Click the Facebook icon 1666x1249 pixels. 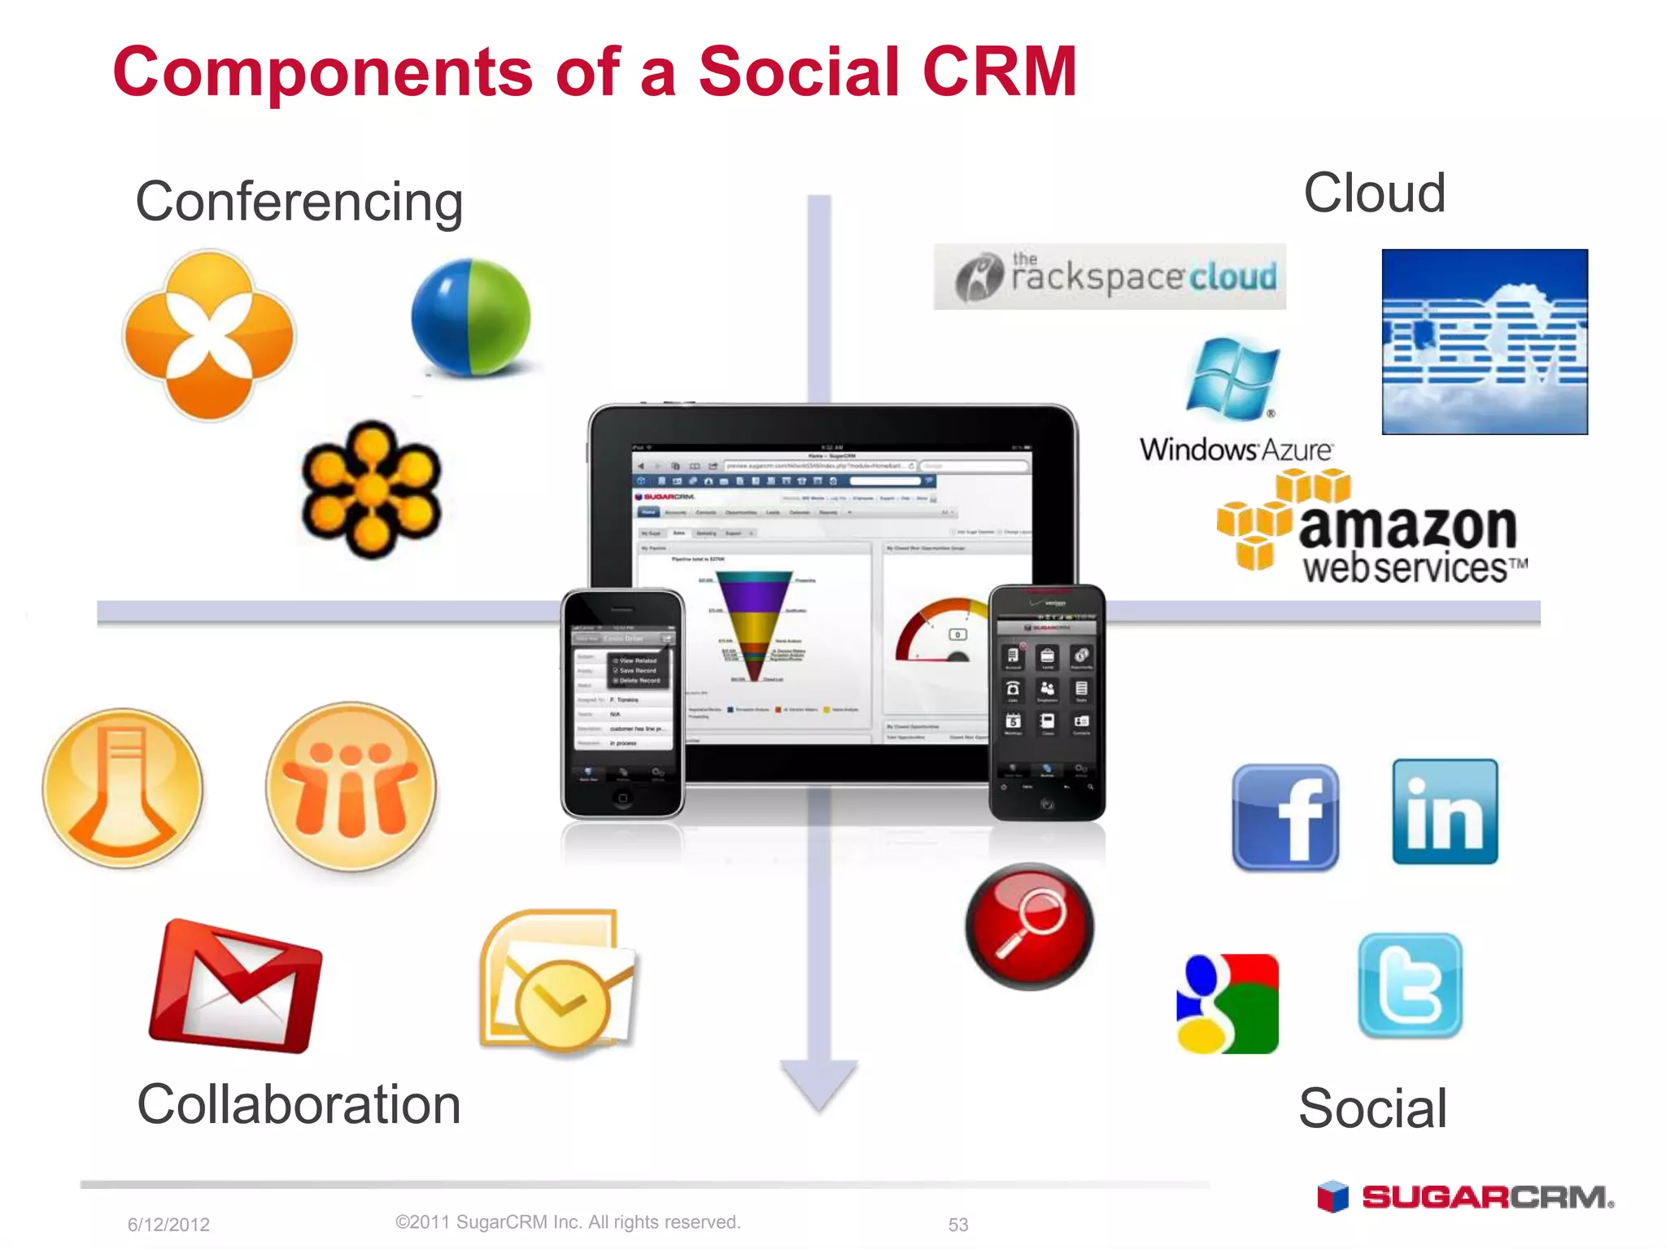coord(1285,817)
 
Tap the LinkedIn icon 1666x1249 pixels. coord(1445,812)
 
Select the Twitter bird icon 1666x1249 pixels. coord(1411,986)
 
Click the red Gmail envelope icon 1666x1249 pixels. coord(236,986)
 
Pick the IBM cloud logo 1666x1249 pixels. coord(1485,342)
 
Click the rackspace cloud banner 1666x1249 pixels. coord(1110,276)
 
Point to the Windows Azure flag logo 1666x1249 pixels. coord(1232,378)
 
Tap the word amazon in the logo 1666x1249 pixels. coord(1407,527)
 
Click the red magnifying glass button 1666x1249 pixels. coord(1029,926)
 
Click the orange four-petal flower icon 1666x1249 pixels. coord(209,335)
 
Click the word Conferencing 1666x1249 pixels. coord(299,202)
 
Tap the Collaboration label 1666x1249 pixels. coord(299,1104)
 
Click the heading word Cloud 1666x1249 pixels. coord(1374,194)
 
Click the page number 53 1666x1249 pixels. coord(958,1225)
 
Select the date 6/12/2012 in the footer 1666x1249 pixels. coord(168,1225)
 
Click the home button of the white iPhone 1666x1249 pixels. coord(622,798)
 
